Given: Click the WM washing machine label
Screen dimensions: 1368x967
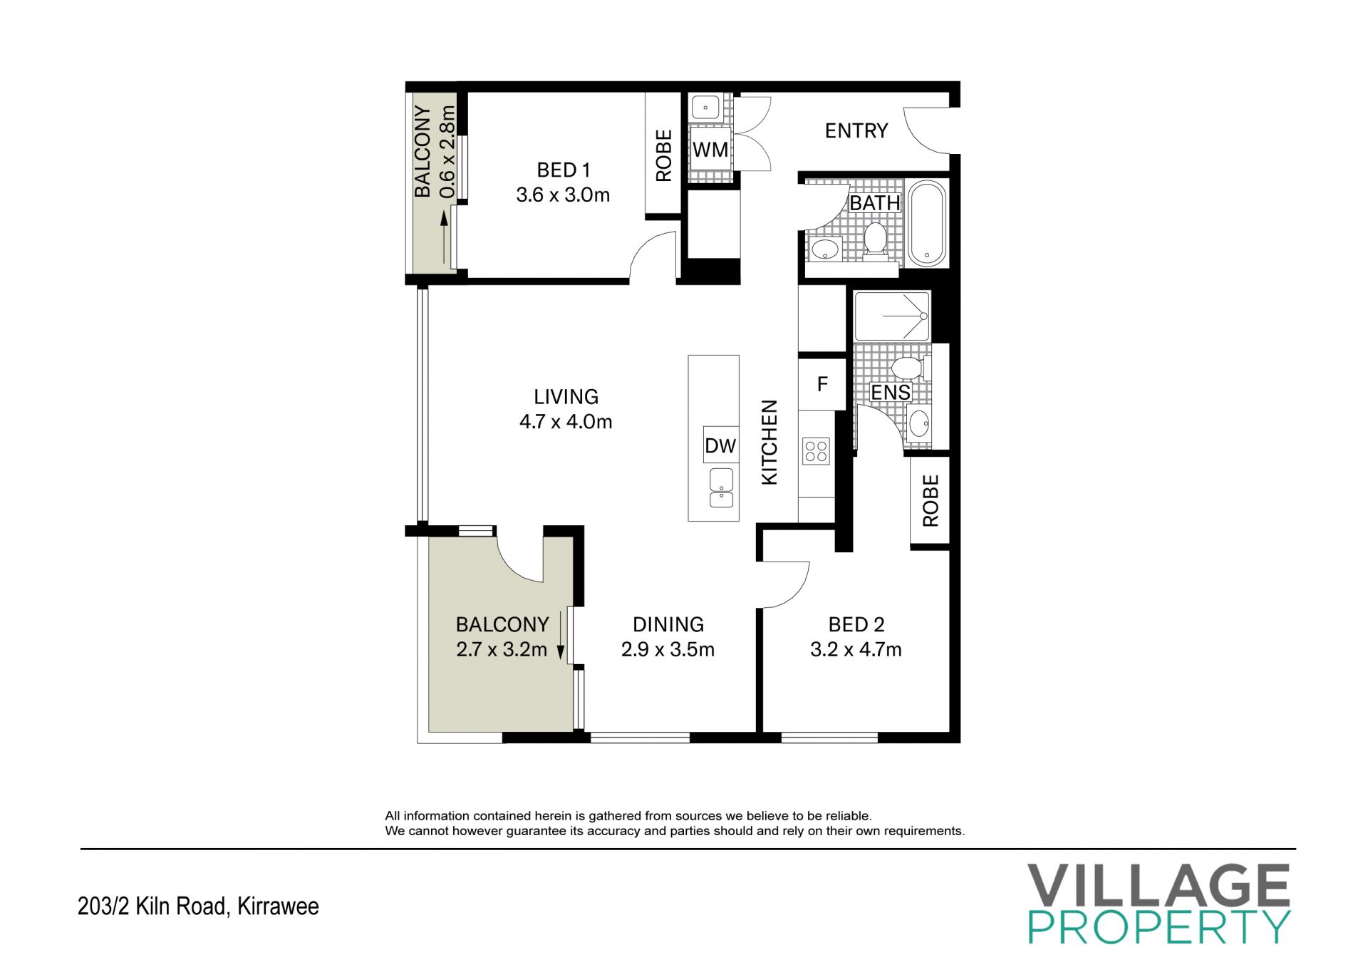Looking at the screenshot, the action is [710, 150].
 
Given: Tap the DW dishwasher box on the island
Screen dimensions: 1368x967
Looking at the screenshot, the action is [720, 446].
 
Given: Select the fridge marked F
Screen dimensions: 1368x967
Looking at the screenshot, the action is [822, 384].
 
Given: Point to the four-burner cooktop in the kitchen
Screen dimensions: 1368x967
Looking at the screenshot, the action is [816, 450].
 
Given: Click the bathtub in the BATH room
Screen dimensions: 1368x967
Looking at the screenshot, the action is [927, 222].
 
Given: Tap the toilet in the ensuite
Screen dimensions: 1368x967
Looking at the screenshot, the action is [909, 368].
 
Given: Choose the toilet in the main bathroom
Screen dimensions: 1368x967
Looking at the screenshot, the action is [874, 239].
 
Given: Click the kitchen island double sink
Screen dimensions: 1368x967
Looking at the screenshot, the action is [722, 488].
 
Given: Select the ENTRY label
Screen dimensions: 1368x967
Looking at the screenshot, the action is [856, 131].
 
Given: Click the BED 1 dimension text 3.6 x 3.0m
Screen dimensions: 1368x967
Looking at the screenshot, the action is [563, 195].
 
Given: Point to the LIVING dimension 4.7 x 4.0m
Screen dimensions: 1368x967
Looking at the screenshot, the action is [566, 422].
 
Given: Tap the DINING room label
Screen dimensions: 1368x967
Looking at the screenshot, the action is [668, 625].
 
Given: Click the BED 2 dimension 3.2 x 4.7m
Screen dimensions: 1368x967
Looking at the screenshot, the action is [856, 650].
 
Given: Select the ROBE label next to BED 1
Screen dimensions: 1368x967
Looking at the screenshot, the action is [663, 155].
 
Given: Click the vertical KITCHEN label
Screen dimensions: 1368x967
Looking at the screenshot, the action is [769, 443].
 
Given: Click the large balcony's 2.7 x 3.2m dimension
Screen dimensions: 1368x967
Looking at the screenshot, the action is [502, 650].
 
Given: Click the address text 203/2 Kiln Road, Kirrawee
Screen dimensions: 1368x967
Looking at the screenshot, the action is [198, 906].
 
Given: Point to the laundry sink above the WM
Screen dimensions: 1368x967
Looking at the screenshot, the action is [705, 108].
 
